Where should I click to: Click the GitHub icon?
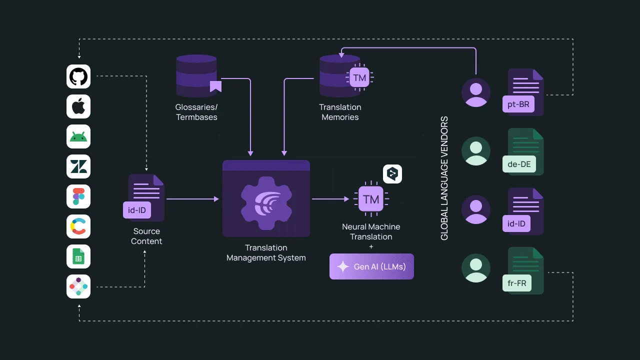(78, 76)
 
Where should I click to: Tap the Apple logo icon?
(78, 106)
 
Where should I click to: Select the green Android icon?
(78, 136)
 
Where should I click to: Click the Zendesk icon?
(78, 166)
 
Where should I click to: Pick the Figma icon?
(78, 196)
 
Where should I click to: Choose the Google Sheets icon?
(78, 256)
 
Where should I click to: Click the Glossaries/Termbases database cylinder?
(196, 76)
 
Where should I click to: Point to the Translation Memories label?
(340, 112)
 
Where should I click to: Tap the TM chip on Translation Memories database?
(359, 77)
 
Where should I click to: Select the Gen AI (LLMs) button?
(371, 266)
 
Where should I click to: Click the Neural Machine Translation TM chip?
(371, 199)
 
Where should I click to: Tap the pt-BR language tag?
(518, 104)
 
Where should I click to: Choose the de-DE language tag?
(518, 164)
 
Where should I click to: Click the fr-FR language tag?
(517, 283)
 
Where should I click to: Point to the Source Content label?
(146, 236)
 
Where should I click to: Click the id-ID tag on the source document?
(136, 210)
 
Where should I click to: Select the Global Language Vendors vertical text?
(444, 178)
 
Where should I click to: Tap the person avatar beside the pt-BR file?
(476, 92)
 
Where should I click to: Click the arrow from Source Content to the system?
(192, 199)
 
